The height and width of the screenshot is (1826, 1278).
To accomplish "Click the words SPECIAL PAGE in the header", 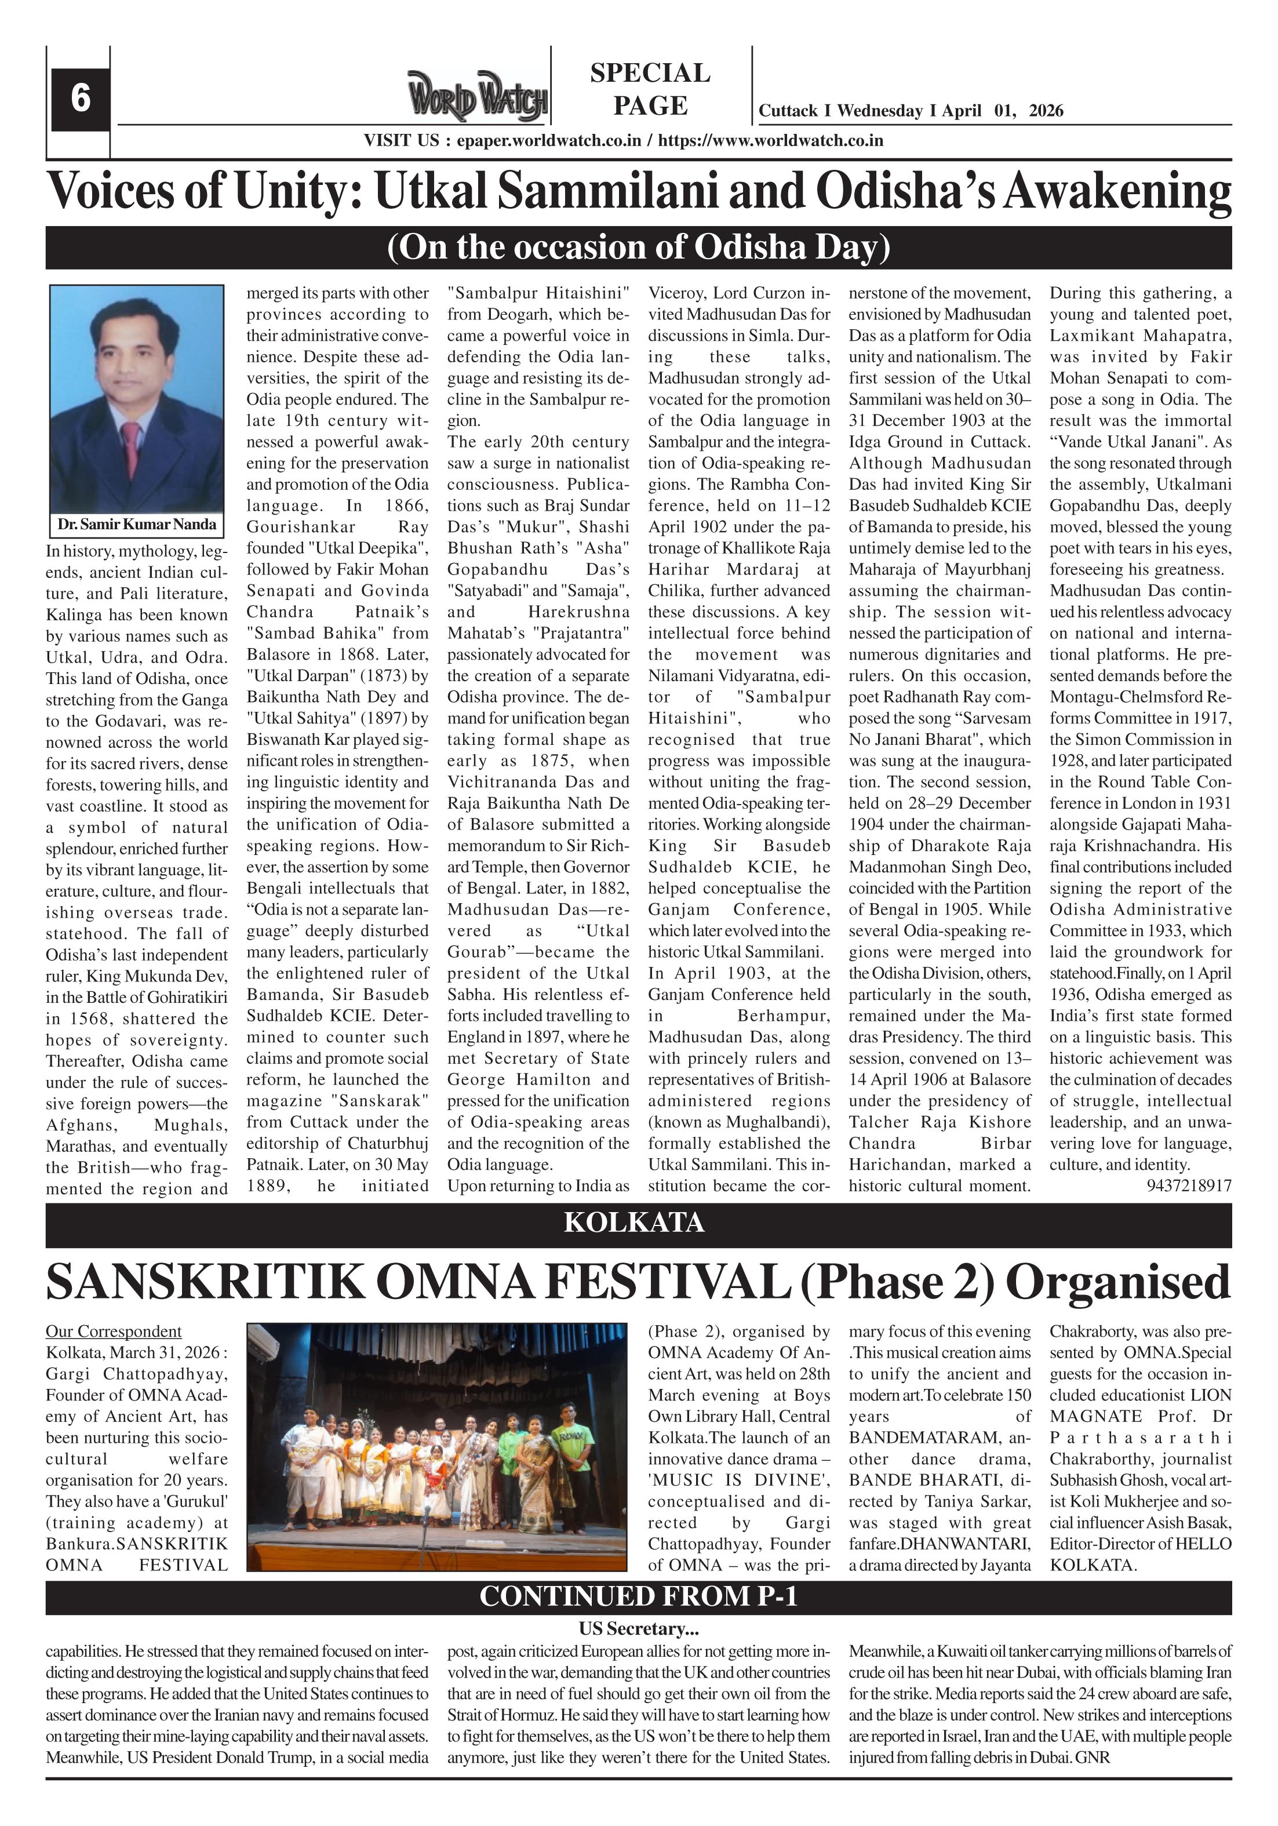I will (x=650, y=89).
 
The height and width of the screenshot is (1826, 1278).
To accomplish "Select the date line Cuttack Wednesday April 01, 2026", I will (x=910, y=111).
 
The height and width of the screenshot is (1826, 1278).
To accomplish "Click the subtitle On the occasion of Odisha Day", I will (x=638, y=248).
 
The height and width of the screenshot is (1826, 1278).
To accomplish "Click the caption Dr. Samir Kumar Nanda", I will (x=136, y=524).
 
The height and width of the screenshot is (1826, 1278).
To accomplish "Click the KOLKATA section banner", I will (x=634, y=1221).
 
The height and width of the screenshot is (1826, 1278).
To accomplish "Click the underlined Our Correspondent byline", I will (x=113, y=1332).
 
